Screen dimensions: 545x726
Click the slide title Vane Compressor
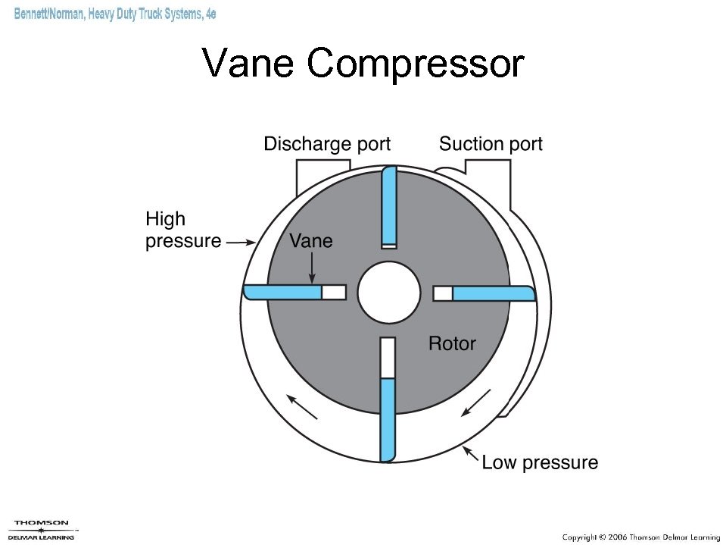pos(363,63)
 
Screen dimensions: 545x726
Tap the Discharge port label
pos(327,144)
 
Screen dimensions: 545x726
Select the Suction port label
pos(491,144)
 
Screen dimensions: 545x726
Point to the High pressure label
pos(182,230)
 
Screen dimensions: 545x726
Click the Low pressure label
pos(540,462)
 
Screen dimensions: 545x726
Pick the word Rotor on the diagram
pos(452,343)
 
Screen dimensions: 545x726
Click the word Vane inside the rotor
pos(311,241)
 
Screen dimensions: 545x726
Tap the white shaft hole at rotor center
pos(388,293)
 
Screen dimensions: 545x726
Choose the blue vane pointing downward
pos(388,419)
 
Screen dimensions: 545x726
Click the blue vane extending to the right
pos(492,293)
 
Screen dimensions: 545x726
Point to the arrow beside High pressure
pos(241,243)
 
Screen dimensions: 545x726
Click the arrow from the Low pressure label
pos(472,455)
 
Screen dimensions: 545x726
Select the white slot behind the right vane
pos(443,293)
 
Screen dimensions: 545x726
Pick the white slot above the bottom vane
pos(388,358)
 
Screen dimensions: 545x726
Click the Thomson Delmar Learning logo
pos(42,529)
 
